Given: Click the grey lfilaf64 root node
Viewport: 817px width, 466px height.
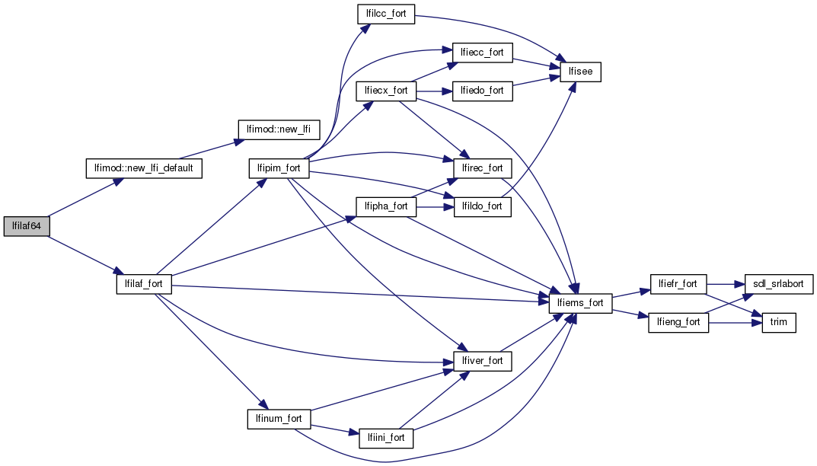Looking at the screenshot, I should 27,226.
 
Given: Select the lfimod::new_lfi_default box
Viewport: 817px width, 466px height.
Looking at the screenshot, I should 143,168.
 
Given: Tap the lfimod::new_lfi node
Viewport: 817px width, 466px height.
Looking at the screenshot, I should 279,129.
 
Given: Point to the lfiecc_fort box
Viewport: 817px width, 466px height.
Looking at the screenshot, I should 483,53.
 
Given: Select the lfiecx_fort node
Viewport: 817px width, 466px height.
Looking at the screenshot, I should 385,91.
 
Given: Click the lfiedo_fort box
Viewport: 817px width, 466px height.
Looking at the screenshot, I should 483,91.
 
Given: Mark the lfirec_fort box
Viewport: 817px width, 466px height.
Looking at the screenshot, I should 483,168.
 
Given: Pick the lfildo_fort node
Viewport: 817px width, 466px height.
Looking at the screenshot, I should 483,206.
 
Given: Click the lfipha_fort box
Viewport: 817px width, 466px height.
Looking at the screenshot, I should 385,206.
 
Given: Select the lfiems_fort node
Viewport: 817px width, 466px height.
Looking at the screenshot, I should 581,303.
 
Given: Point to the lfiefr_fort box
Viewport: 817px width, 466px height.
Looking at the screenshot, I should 678,284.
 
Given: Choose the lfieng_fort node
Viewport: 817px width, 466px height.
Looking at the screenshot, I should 678,323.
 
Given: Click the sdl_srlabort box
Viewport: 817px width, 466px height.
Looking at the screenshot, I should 778,284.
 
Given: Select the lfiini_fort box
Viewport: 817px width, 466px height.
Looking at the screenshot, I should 385,439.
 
